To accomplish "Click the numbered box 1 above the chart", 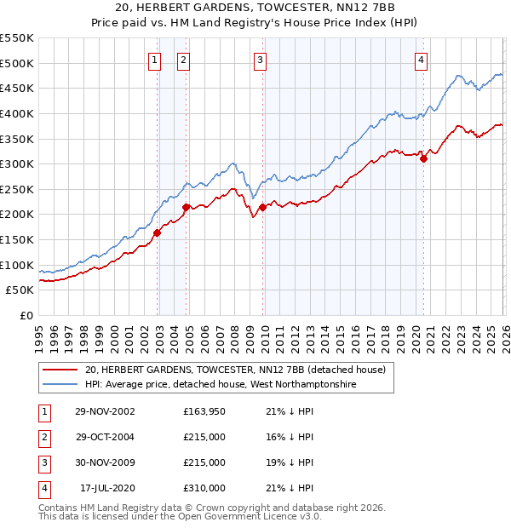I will click(x=154, y=60).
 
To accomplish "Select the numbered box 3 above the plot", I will click(x=260, y=60).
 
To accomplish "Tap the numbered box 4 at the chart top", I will click(x=421, y=60).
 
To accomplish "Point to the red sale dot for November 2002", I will click(x=158, y=232).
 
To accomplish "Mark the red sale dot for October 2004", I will click(x=186, y=206).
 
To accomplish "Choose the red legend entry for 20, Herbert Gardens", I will click(x=235, y=370).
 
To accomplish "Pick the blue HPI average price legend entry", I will click(x=221, y=385).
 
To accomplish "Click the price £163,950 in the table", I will click(x=204, y=412).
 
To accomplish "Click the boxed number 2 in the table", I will click(x=43, y=438).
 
